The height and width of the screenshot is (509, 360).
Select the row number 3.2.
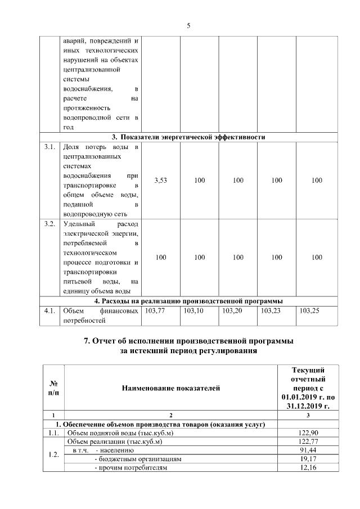(49, 224)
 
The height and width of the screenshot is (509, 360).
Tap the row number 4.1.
(49, 310)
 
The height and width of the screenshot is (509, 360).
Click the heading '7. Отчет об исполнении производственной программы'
(188, 341)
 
